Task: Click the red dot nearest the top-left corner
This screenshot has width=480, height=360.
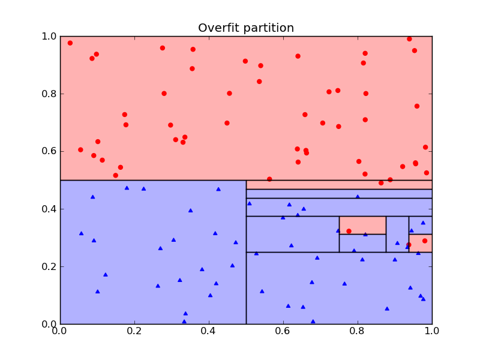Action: click(70, 43)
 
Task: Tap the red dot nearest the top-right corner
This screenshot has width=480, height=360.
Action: click(409, 39)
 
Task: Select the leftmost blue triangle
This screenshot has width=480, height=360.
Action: click(81, 233)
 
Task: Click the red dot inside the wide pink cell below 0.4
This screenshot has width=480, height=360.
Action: click(349, 231)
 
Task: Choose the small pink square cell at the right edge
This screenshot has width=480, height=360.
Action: click(421, 243)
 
